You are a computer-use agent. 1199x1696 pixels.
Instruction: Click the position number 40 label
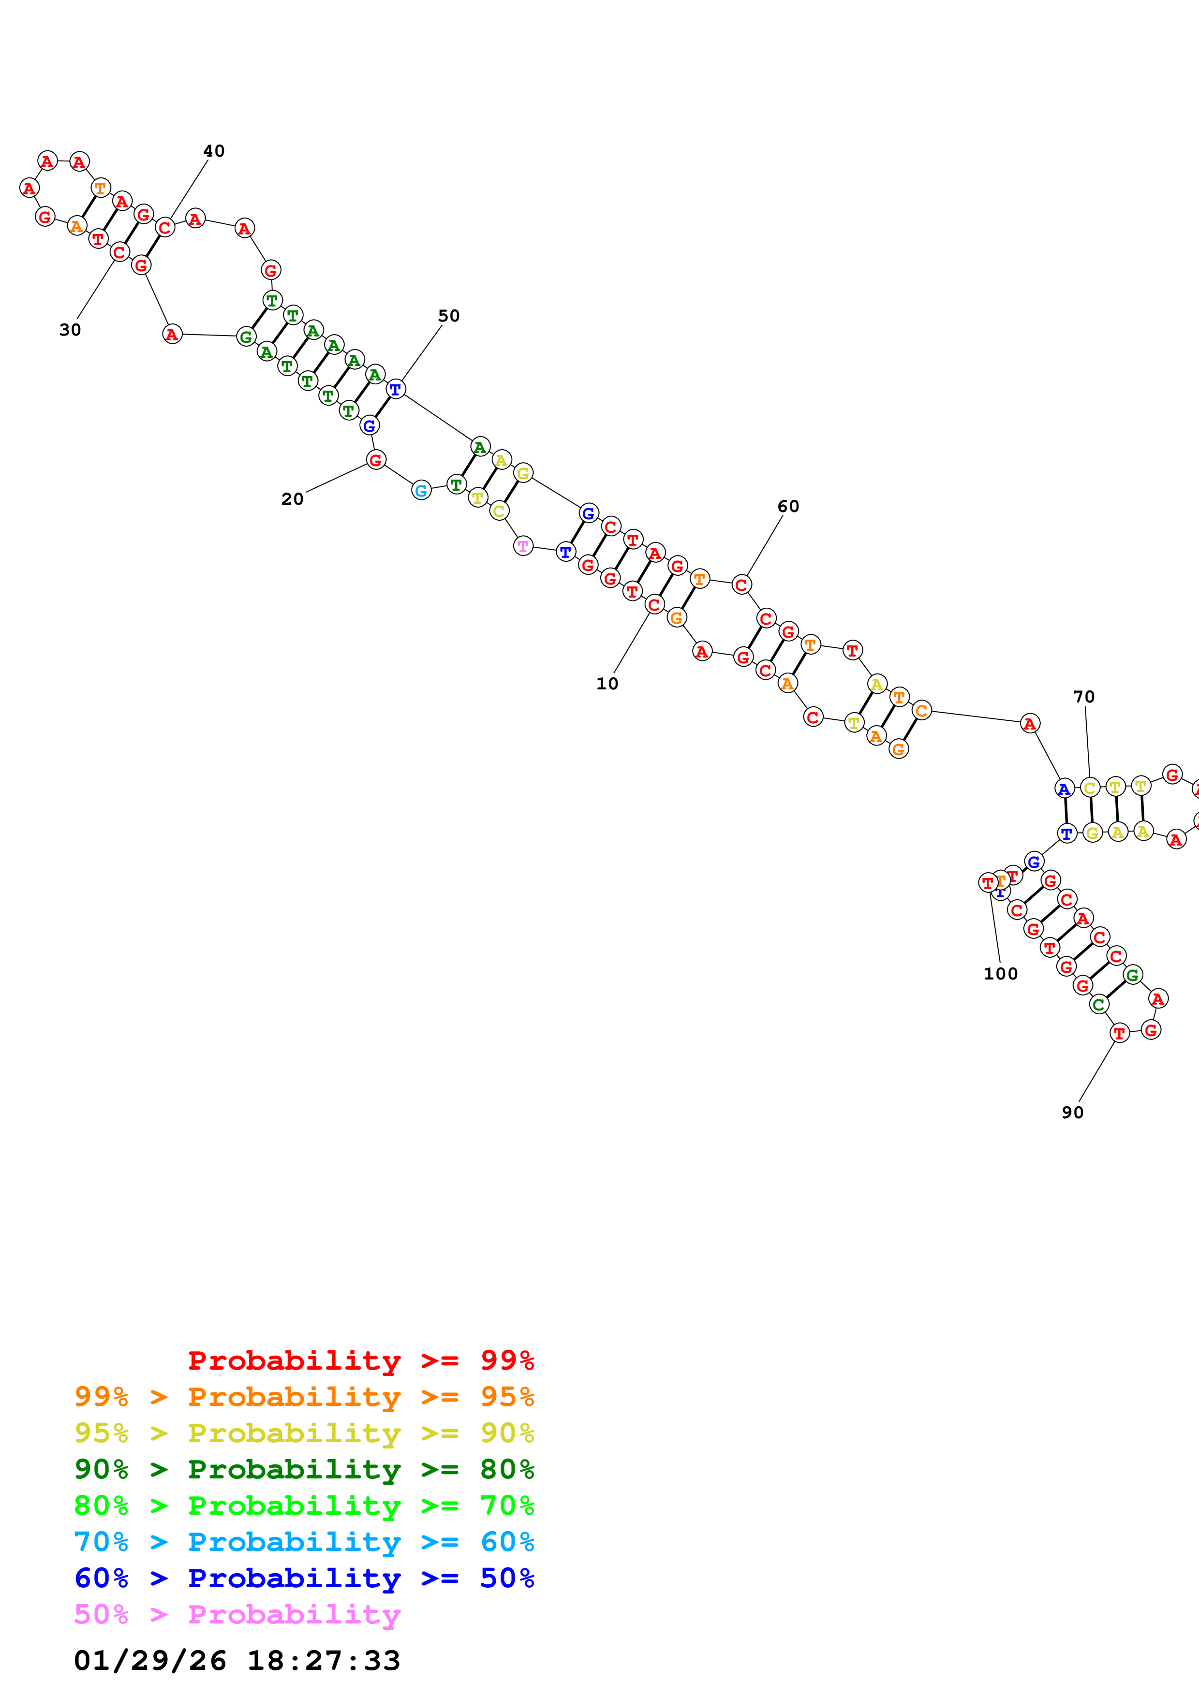coord(213,151)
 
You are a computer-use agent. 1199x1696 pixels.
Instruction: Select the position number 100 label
coord(1000,974)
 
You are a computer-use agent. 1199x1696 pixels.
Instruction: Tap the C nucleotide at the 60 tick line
coord(741,585)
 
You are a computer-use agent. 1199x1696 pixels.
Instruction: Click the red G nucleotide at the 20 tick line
coord(376,460)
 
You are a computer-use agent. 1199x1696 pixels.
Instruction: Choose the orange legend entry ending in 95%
coord(304,1396)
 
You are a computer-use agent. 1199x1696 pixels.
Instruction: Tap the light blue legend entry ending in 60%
coord(304,1542)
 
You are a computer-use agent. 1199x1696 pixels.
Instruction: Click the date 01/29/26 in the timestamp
coord(150,1661)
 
